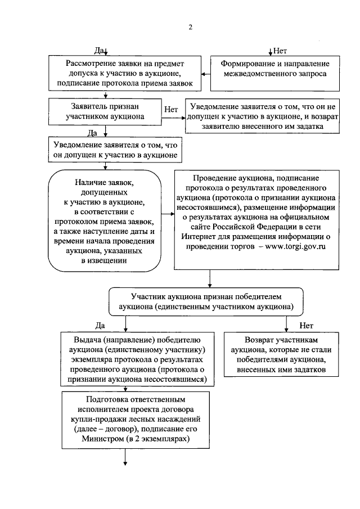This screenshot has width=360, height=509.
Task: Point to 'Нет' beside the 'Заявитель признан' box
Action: (x=171, y=109)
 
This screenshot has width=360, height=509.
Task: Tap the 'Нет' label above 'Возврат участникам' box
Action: (x=307, y=326)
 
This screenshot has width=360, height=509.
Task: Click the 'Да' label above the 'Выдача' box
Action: (x=101, y=326)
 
